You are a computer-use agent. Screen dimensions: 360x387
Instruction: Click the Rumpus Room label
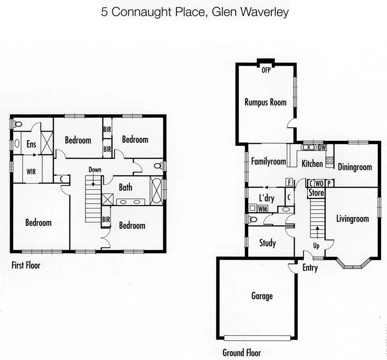click(x=265, y=102)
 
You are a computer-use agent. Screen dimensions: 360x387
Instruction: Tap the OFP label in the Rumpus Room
click(x=266, y=70)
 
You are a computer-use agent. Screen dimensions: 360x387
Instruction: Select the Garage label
click(x=262, y=296)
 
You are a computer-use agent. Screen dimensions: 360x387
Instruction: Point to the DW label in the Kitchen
click(x=322, y=148)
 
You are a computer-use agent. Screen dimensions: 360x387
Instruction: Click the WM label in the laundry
click(x=263, y=209)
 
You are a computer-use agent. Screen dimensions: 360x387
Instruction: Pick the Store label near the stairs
click(x=316, y=193)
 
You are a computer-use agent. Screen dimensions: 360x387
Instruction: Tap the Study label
click(x=268, y=242)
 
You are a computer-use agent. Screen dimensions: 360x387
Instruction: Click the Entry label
click(x=310, y=268)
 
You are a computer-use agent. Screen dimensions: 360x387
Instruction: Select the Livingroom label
click(x=352, y=219)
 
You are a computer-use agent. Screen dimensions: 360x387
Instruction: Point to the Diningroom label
click(x=355, y=167)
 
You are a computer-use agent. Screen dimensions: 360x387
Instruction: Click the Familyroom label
click(x=268, y=162)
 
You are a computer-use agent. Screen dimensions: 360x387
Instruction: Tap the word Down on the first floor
click(x=95, y=169)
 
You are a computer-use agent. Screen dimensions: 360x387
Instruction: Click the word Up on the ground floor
click(x=316, y=246)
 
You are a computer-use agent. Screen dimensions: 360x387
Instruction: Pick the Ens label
click(x=31, y=144)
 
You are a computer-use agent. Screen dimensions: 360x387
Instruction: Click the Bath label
click(x=125, y=187)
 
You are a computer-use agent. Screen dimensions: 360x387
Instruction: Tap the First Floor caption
click(x=26, y=265)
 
